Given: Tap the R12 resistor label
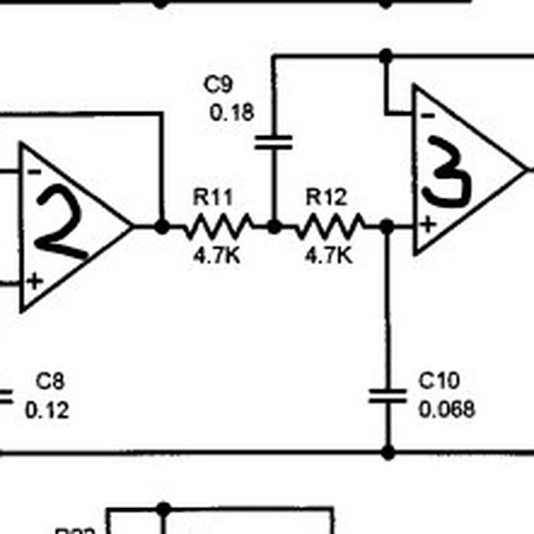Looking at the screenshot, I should [x=326, y=196].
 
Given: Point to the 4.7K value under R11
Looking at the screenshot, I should [x=215, y=255].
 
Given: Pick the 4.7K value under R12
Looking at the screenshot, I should [x=328, y=255].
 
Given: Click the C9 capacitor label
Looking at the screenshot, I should [x=219, y=85].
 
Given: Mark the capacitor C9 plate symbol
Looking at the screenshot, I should [x=273, y=142].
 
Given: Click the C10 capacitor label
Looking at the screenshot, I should [x=439, y=382].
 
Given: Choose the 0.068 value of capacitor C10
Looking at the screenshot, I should [x=446, y=409].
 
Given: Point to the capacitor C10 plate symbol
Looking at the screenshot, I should [x=387, y=395].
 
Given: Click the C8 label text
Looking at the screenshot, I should [x=50, y=382].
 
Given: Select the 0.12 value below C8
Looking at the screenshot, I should [x=47, y=410].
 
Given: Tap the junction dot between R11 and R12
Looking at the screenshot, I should [x=274, y=227].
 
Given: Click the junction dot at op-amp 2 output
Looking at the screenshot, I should [x=161, y=227].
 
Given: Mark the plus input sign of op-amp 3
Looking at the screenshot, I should [x=428, y=223].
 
